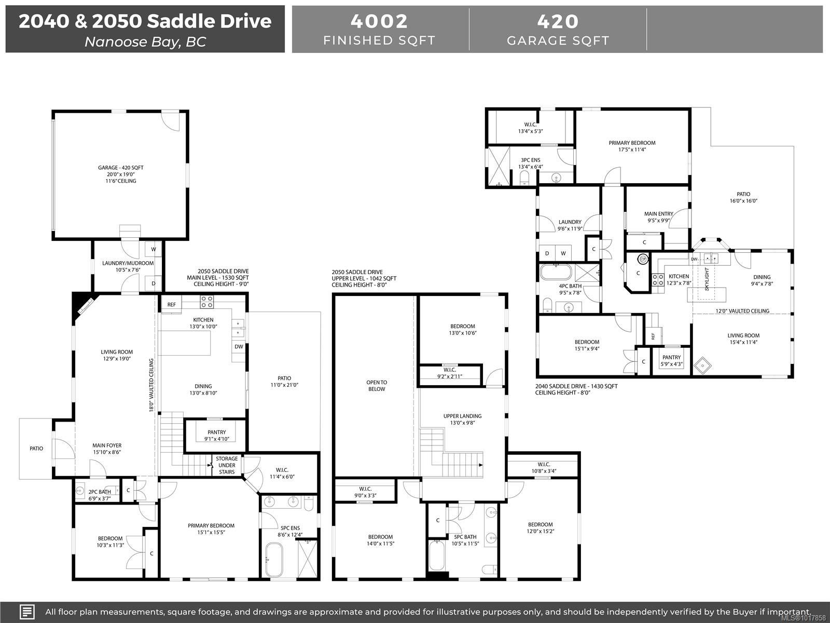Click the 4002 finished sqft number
tap(379, 21)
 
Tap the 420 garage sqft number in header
tap(558, 21)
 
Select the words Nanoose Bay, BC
tap(145, 42)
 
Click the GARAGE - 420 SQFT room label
tap(121, 168)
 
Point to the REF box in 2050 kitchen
tap(171, 305)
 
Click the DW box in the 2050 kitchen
tap(239, 346)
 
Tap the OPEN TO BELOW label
tap(377, 385)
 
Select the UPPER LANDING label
tap(462, 416)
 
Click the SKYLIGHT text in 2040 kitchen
tap(707, 279)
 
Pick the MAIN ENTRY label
tap(659, 214)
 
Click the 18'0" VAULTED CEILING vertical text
tap(151, 385)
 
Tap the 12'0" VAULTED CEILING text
tap(742, 311)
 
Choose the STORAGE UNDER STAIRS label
tap(227, 465)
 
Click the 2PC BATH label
tap(100, 492)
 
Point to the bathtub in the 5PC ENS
tap(274, 560)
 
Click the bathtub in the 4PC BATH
tap(556, 272)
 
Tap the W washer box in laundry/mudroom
tap(154, 249)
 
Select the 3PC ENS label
tap(531, 160)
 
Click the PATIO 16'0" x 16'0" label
tap(743, 197)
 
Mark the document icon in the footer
tap(27, 612)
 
